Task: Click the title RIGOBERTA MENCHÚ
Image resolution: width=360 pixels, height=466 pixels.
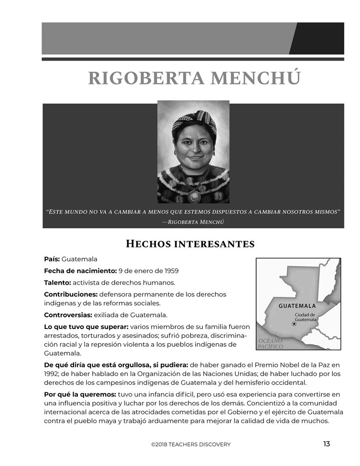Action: click(x=194, y=78)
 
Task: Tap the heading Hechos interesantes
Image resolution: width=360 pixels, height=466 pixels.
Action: click(x=190, y=244)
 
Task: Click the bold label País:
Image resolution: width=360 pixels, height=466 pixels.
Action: click(x=52, y=259)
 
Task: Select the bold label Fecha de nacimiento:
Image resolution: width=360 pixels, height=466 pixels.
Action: click(x=80, y=271)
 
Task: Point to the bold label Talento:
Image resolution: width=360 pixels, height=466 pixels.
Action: click(x=57, y=282)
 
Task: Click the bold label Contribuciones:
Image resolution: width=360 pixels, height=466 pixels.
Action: click(x=70, y=295)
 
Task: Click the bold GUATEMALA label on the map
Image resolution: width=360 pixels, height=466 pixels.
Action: click(x=297, y=306)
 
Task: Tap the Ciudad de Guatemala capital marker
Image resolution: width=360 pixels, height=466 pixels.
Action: click(x=294, y=324)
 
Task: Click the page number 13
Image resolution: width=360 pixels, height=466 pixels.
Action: click(x=326, y=444)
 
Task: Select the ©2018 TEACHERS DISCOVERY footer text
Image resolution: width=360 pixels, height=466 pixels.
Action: click(x=190, y=445)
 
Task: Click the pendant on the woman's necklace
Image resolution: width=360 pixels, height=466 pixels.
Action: click(x=194, y=196)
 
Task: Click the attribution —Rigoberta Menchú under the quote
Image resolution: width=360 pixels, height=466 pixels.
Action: click(x=193, y=222)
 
